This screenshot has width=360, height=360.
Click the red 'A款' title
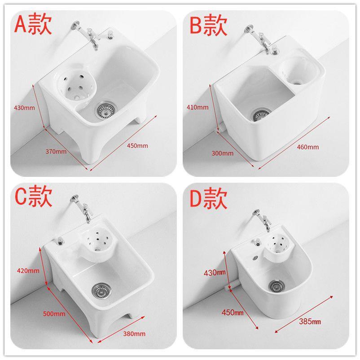(x=33, y=23)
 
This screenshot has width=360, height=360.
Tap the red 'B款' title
(x=208, y=25)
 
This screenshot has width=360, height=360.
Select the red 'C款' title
(x=34, y=196)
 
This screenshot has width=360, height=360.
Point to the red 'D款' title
(x=208, y=198)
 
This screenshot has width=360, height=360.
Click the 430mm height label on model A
(x=24, y=108)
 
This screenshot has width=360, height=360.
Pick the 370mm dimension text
(x=56, y=152)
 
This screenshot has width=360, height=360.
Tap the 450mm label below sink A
(x=137, y=145)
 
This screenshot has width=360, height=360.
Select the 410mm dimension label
(x=198, y=107)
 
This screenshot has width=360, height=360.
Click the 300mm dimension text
(x=223, y=153)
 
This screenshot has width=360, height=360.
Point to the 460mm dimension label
(x=308, y=147)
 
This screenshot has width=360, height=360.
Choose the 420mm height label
(x=28, y=271)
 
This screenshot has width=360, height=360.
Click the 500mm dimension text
(x=54, y=314)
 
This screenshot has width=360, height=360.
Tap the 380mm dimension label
(x=134, y=334)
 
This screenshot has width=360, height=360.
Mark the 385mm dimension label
(x=310, y=321)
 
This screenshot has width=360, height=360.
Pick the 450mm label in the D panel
(x=233, y=312)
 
